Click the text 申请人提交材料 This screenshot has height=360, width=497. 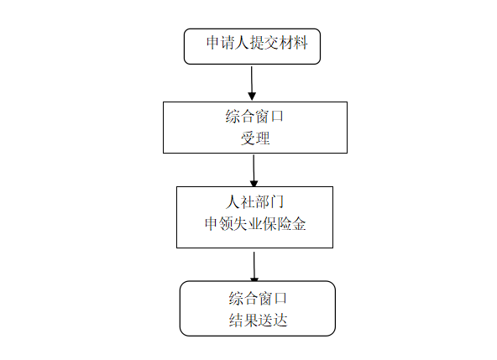tap(257, 43)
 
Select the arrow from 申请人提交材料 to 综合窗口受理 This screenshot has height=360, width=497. tap(252, 83)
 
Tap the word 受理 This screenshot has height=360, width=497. tap(255, 138)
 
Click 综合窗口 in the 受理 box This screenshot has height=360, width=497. tap(254, 117)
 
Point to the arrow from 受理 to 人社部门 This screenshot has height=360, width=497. tap(254, 170)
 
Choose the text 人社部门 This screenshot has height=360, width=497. tap(254, 202)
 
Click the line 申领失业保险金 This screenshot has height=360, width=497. tap(255, 224)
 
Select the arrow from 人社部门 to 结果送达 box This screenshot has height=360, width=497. tap(254, 267)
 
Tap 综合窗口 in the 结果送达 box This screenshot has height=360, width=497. tap(258, 298)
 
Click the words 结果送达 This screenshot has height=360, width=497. tap(258, 320)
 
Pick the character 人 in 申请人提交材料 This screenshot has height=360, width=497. tap(242, 43)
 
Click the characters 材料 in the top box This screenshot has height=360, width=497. tap(294, 43)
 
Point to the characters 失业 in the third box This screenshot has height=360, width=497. tap(248, 224)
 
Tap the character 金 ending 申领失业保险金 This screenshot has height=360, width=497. tap(299, 224)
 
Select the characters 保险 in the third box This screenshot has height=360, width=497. tap(277, 224)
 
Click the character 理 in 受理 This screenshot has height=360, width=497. tap(263, 138)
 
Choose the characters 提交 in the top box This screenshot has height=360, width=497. tap(264, 43)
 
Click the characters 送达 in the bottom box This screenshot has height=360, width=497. tap(273, 320)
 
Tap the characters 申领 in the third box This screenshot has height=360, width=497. tap(219, 224)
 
